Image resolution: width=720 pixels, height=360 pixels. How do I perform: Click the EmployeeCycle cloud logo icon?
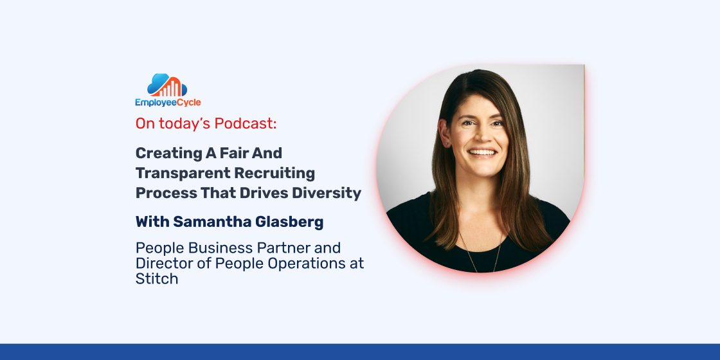167,85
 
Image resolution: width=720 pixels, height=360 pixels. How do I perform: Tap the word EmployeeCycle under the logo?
168,102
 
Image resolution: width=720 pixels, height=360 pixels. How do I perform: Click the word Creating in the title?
169,154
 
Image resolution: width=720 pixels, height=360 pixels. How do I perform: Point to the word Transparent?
183,173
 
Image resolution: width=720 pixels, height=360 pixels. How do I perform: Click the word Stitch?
157,278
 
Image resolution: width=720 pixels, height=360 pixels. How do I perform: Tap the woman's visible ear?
444,133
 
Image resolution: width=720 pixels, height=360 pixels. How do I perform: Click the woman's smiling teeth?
482,152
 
